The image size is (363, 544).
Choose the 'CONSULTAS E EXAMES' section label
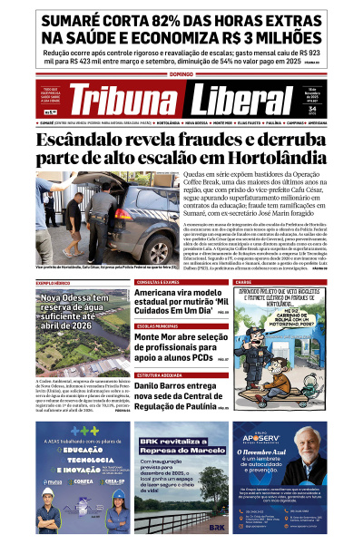click(x=159, y=283)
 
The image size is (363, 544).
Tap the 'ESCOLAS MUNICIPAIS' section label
click(x=158, y=325)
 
